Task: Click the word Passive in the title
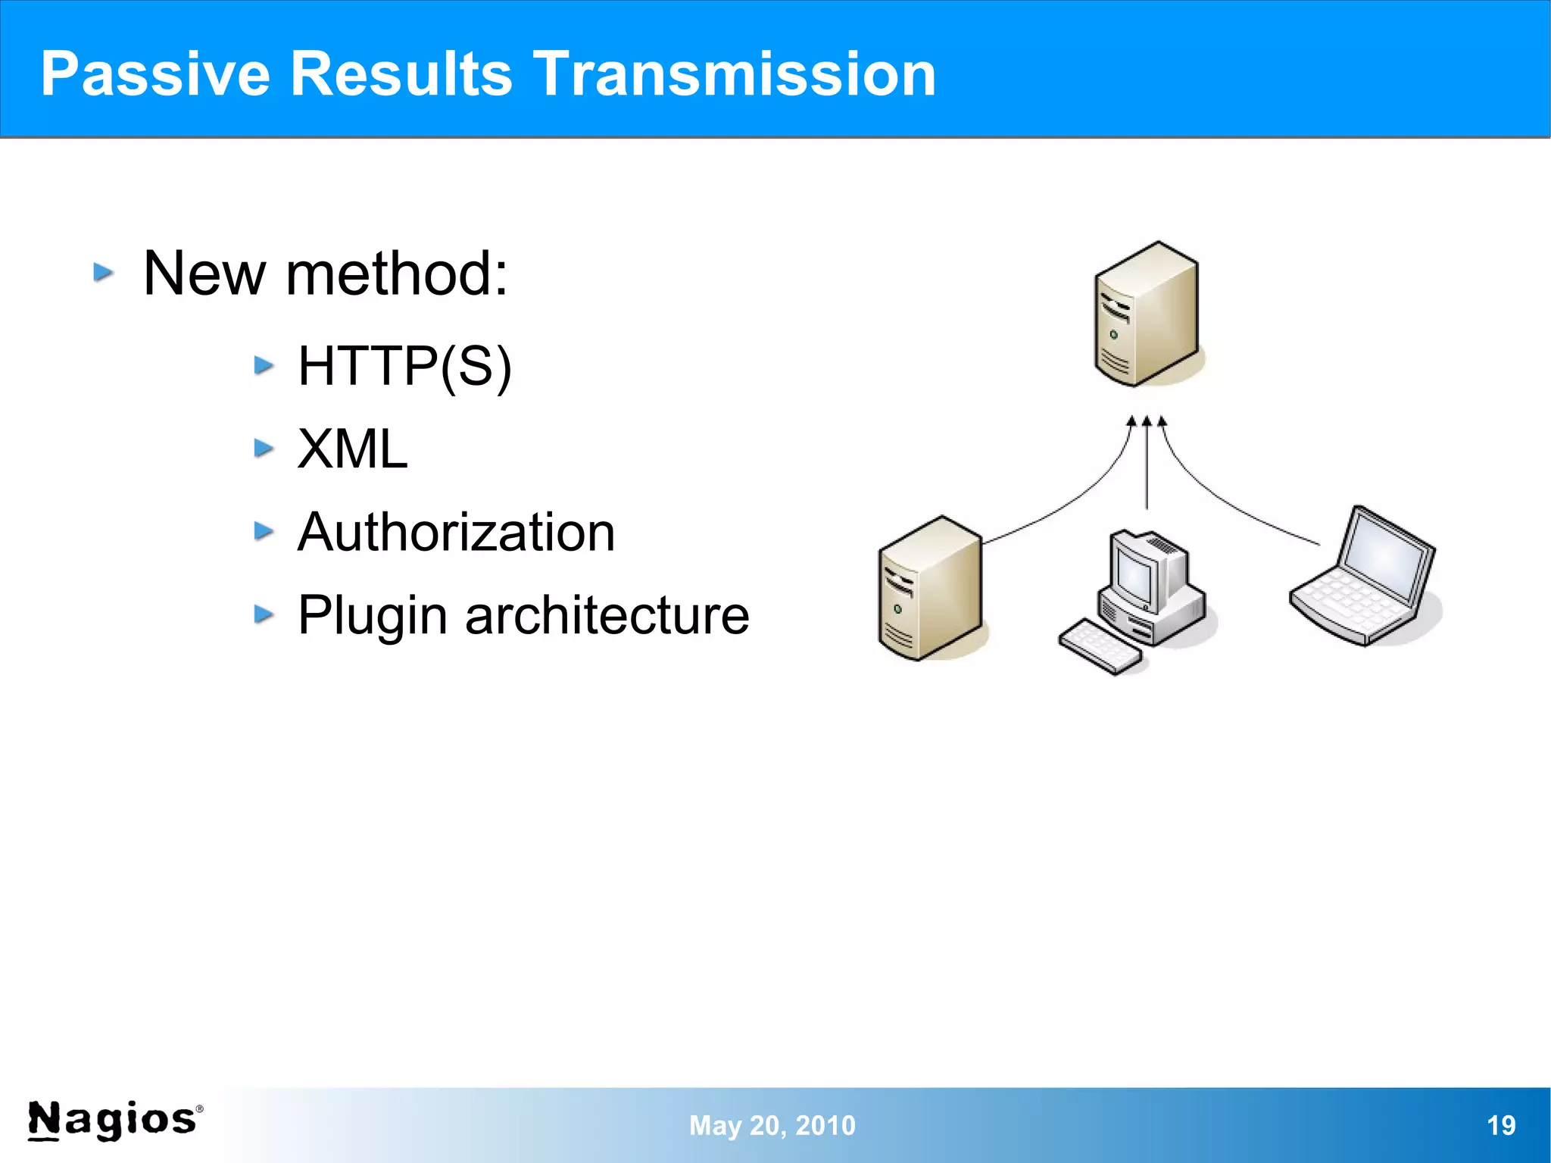coord(155,74)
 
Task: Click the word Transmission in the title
coord(735,74)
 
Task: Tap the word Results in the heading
coord(401,74)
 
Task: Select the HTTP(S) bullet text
coord(404,367)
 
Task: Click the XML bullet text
coord(352,449)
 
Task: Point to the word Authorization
coord(456,532)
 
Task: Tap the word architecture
coord(607,615)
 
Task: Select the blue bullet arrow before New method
coord(104,272)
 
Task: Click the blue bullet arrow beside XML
coord(264,449)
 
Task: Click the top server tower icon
coord(1146,314)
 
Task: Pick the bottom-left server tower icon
coord(930,589)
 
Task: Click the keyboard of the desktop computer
coord(1100,646)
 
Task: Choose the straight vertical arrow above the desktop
coord(1147,466)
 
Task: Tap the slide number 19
coord(1501,1125)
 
